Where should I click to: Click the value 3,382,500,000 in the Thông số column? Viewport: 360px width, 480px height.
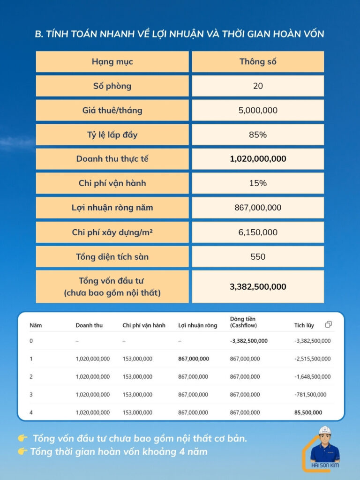[258, 286]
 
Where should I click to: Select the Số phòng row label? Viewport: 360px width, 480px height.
[112, 86]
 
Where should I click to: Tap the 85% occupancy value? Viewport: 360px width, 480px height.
[258, 135]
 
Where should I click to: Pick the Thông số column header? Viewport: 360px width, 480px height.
[258, 61]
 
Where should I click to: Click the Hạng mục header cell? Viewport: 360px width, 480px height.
[112, 61]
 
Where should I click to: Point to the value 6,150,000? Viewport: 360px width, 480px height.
[258, 232]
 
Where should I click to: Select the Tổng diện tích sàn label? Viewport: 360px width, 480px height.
[112, 256]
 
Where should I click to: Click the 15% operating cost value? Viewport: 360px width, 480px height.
[258, 183]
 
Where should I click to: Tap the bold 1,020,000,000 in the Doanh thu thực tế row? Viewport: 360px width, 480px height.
[258, 159]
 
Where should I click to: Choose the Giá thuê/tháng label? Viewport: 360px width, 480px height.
[112, 110]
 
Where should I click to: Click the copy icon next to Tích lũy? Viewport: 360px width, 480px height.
[328, 324]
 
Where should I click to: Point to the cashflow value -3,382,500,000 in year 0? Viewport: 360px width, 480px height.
[249, 341]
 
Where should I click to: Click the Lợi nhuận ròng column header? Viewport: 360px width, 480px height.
[197, 325]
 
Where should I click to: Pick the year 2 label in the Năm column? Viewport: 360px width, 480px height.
[31, 376]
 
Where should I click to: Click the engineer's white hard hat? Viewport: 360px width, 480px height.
[325, 431]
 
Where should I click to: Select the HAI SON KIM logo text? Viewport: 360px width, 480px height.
[325, 465]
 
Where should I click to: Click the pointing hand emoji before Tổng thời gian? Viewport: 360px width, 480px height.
[22, 452]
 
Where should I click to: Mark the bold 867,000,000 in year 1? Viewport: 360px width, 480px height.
[194, 359]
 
